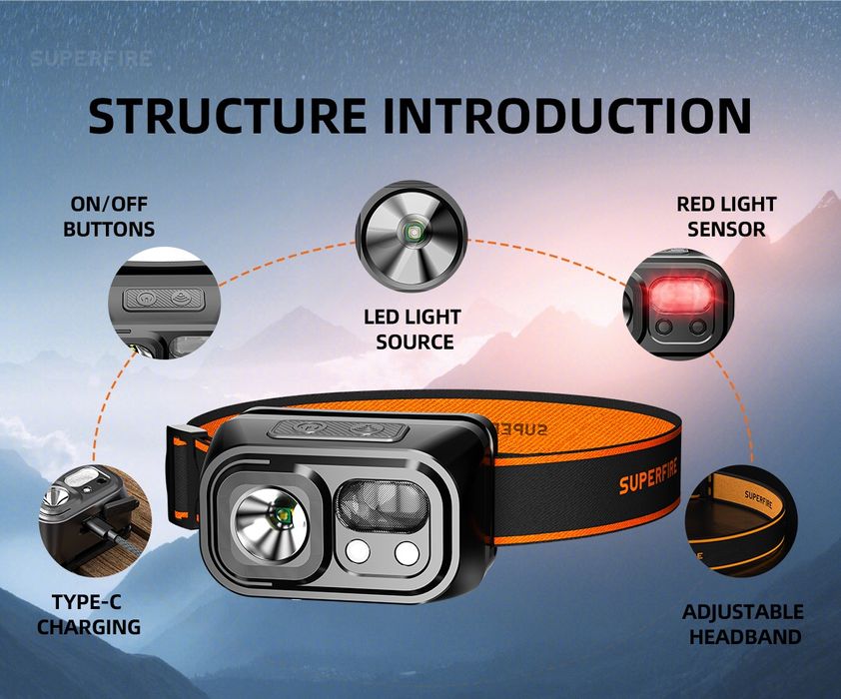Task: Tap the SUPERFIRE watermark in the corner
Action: [91, 58]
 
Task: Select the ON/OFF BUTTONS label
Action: [109, 216]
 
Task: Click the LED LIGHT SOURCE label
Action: [413, 330]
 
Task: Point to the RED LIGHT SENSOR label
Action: [726, 216]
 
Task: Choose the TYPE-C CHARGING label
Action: [89, 615]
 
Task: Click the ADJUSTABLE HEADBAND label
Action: [742, 624]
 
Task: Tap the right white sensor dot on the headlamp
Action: [407, 552]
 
